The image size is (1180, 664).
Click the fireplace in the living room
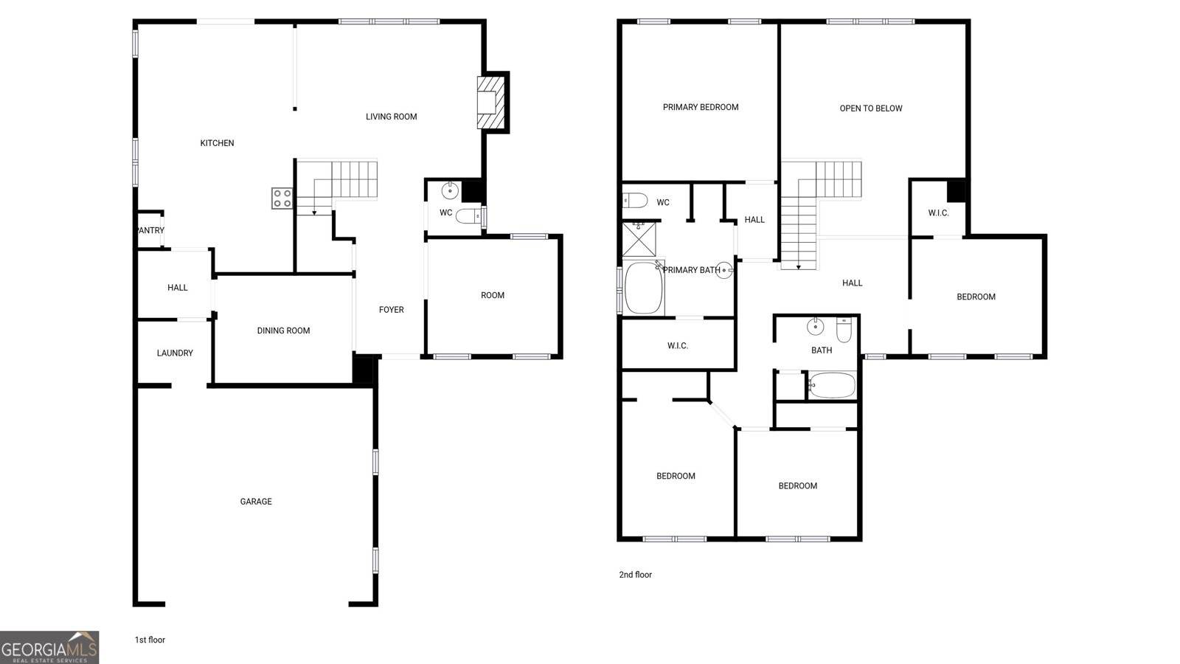click(490, 103)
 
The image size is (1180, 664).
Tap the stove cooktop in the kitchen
click(282, 198)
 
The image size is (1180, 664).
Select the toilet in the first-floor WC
click(469, 215)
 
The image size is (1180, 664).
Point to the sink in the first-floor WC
click(449, 191)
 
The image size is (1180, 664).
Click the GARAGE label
click(256, 502)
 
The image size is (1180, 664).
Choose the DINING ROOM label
click(283, 331)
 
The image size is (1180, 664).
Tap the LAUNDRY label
click(175, 353)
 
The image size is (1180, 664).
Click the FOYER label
click(392, 310)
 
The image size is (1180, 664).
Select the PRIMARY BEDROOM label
click(701, 108)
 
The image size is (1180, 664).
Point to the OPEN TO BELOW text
click(871, 108)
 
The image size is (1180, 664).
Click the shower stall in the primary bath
click(639, 239)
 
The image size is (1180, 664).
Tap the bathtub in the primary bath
click(643, 288)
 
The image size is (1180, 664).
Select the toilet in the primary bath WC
click(635, 201)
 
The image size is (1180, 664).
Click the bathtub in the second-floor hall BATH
click(833, 385)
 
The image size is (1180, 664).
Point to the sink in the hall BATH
click(815, 327)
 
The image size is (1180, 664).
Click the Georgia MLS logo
click(49, 647)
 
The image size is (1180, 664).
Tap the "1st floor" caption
click(150, 640)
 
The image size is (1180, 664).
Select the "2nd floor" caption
click(635, 575)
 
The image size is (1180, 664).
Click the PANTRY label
click(150, 231)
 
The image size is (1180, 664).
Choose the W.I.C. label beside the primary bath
click(678, 346)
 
